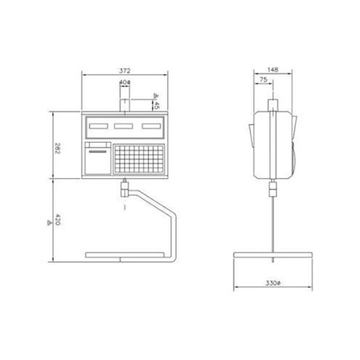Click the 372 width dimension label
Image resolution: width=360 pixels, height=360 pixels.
[x=125, y=71]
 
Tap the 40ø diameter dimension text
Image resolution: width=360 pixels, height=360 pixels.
[x=125, y=82]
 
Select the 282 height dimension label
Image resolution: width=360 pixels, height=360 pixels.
[x=57, y=148]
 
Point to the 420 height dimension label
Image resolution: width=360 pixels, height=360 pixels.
[x=58, y=220]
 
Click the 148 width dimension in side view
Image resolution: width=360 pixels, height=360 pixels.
[x=273, y=69]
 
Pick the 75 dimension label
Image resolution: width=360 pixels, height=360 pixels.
[x=264, y=80]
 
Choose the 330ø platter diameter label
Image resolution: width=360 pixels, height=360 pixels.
[x=273, y=283]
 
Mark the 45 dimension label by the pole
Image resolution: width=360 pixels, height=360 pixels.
[x=157, y=105]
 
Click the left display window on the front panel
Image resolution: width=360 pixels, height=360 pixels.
[x=99, y=126]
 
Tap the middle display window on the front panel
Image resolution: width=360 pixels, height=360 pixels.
[x=123, y=126]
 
